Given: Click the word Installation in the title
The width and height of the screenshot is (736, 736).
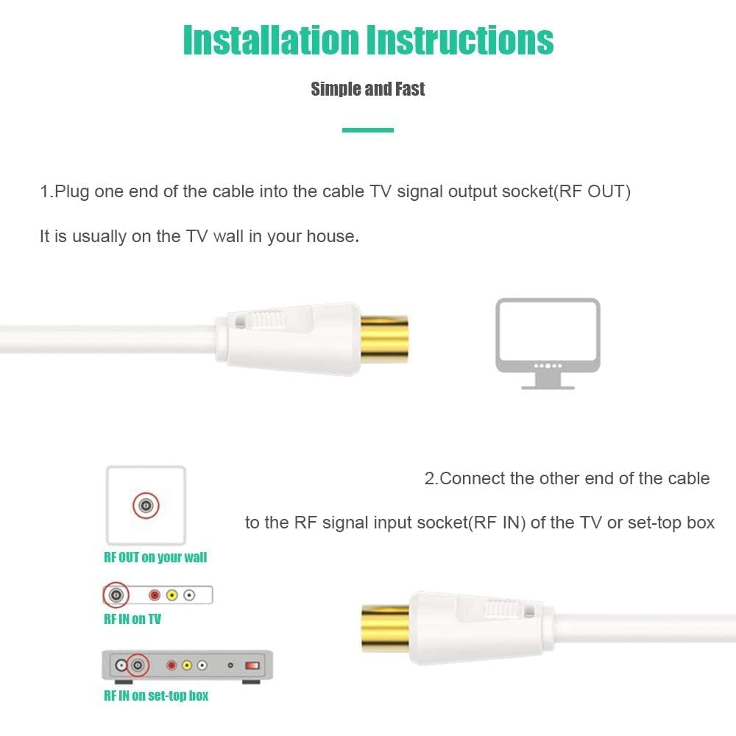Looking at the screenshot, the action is (x=271, y=40).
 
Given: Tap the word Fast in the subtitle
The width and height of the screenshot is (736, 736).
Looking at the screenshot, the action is (x=410, y=89).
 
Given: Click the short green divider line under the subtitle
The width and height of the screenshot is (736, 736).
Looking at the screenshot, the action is (x=367, y=130).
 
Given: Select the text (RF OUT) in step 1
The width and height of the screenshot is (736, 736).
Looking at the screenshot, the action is (x=592, y=191).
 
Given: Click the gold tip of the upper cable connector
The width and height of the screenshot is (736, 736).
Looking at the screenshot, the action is (x=384, y=339).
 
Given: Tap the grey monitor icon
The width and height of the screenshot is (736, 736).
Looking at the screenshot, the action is (x=548, y=344).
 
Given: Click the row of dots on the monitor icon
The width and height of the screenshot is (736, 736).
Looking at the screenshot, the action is (x=548, y=366).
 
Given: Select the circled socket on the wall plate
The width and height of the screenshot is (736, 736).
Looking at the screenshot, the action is (x=146, y=506).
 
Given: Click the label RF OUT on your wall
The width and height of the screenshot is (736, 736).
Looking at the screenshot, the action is (x=155, y=557).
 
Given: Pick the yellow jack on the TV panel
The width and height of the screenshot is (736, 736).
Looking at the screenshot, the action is (x=172, y=595).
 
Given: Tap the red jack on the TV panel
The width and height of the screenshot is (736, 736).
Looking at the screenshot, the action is (x=155, y=595).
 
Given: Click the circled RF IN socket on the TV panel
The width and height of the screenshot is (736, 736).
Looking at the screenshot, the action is (x=116, y=595).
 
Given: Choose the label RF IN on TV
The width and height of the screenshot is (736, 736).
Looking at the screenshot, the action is (x=132, y=619).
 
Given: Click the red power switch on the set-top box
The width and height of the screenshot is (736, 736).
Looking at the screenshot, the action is (x=252, y=665).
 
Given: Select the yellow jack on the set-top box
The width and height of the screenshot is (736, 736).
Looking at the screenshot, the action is (x=187, y=665).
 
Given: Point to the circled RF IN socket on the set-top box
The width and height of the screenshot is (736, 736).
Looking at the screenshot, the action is (x=138, y=665).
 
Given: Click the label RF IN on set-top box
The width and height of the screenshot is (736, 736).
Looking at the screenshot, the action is (x=156, y=696).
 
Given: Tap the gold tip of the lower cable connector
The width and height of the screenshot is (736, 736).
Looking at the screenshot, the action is (x=386, y=629).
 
